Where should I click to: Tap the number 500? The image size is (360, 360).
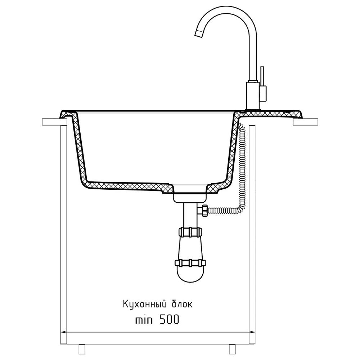click(x=169, y=319)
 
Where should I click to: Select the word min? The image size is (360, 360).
click(x=144, y=320)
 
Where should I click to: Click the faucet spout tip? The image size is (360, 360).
click(x=199, y=33)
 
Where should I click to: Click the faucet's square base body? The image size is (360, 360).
click(x=253, y=95)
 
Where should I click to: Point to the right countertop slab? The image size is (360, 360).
click(x=306, y=122)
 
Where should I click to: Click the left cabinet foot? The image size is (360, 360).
click(x=82, y=349)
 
